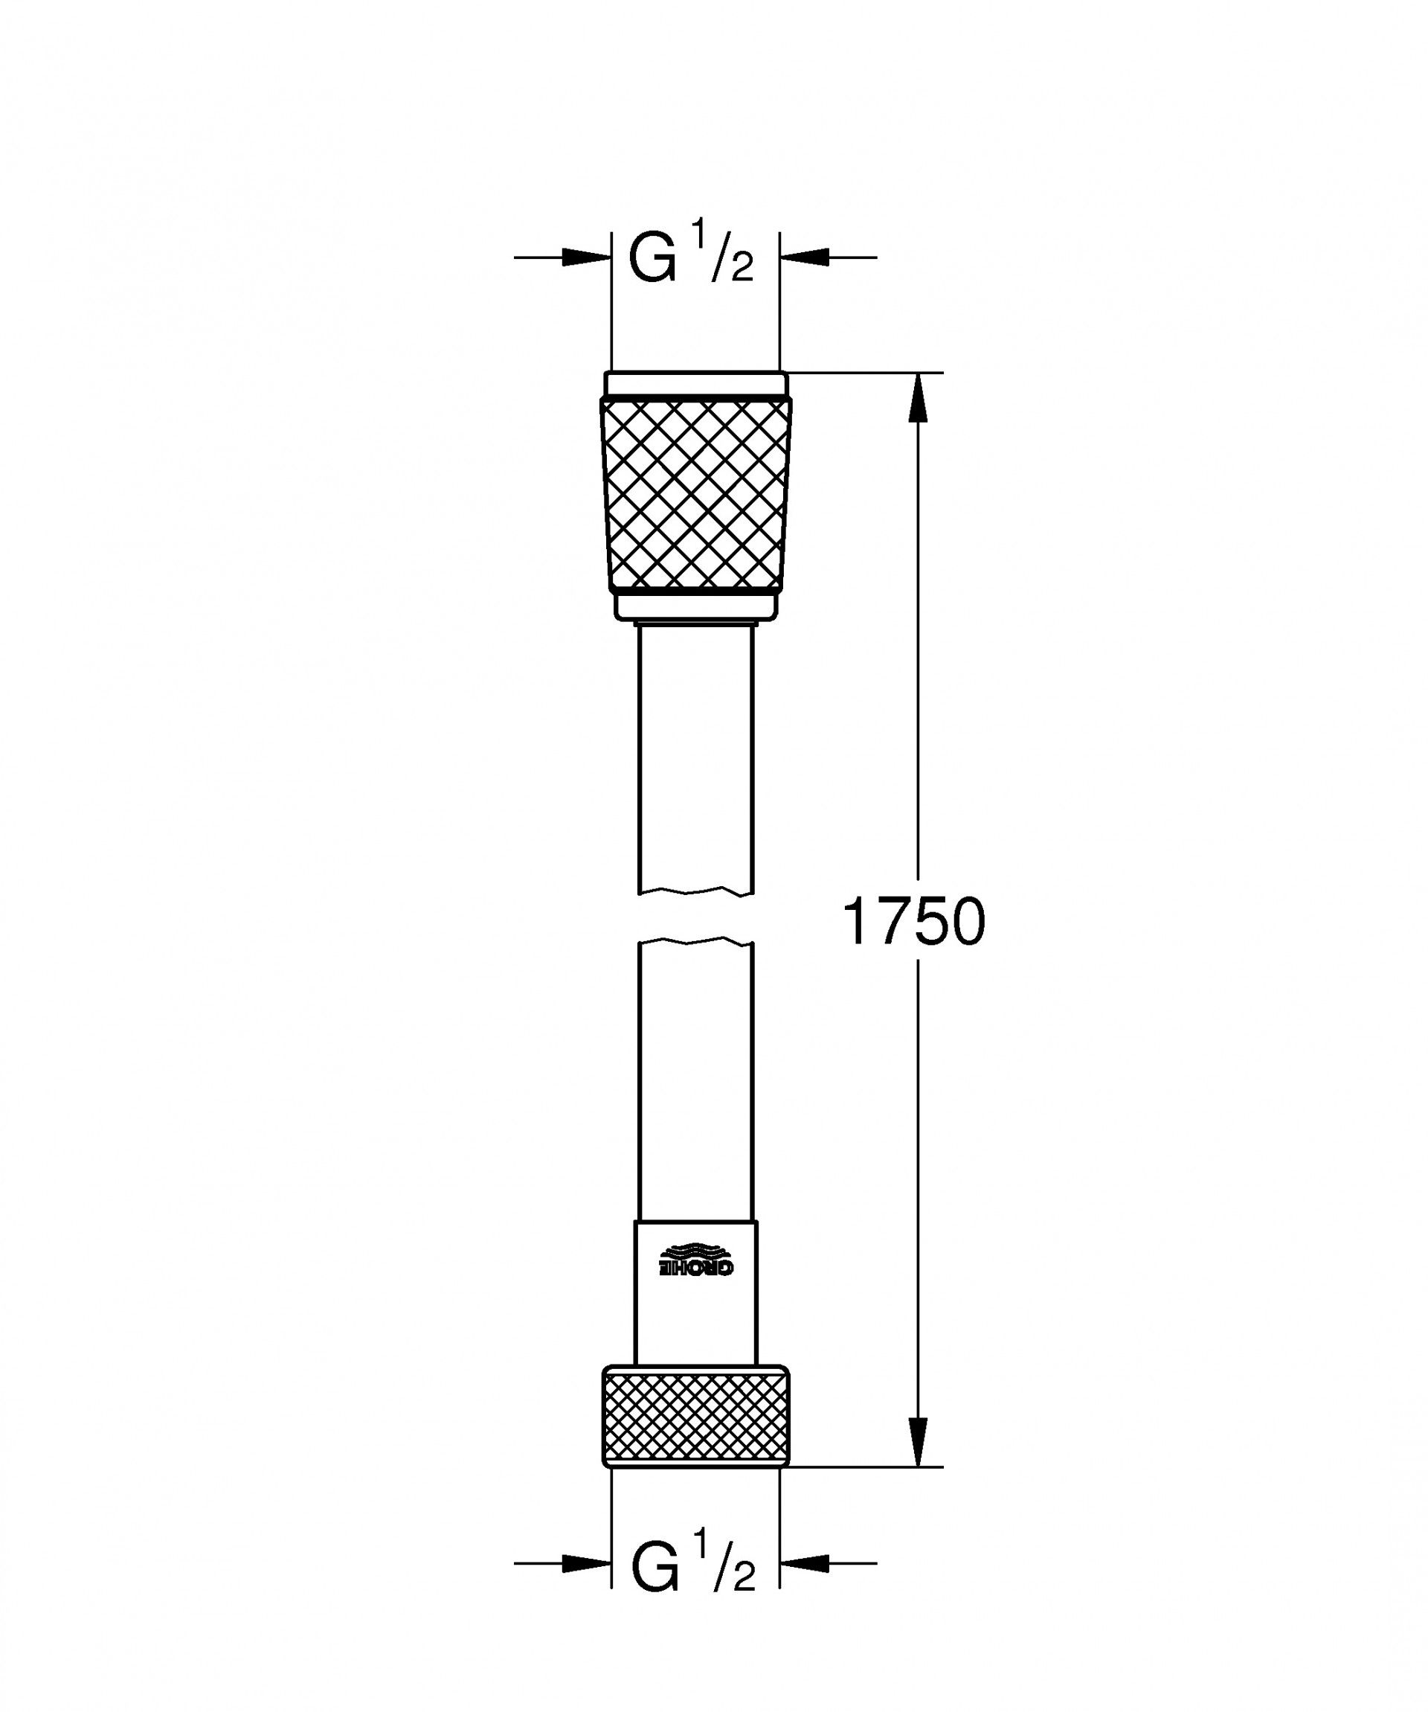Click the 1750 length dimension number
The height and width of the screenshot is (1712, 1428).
(x=913, y=921)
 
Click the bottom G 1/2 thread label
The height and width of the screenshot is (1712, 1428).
(x=693, y=1566)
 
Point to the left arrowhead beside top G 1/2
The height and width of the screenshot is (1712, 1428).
(x=585, y=257)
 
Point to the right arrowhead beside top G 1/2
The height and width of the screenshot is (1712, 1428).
(x=805, y=257)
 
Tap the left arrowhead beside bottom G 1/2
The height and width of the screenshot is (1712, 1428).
(x=585, y=1562)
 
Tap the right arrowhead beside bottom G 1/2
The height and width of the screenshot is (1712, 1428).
(x=805, y=1562)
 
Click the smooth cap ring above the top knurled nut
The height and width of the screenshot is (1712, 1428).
(x=695, y=384)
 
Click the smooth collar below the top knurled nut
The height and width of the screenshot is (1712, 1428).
(x=695, y=605)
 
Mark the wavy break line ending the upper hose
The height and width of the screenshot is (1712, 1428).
(x=695, y=891)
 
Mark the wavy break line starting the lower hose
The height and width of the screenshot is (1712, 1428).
(x=695, y=943)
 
